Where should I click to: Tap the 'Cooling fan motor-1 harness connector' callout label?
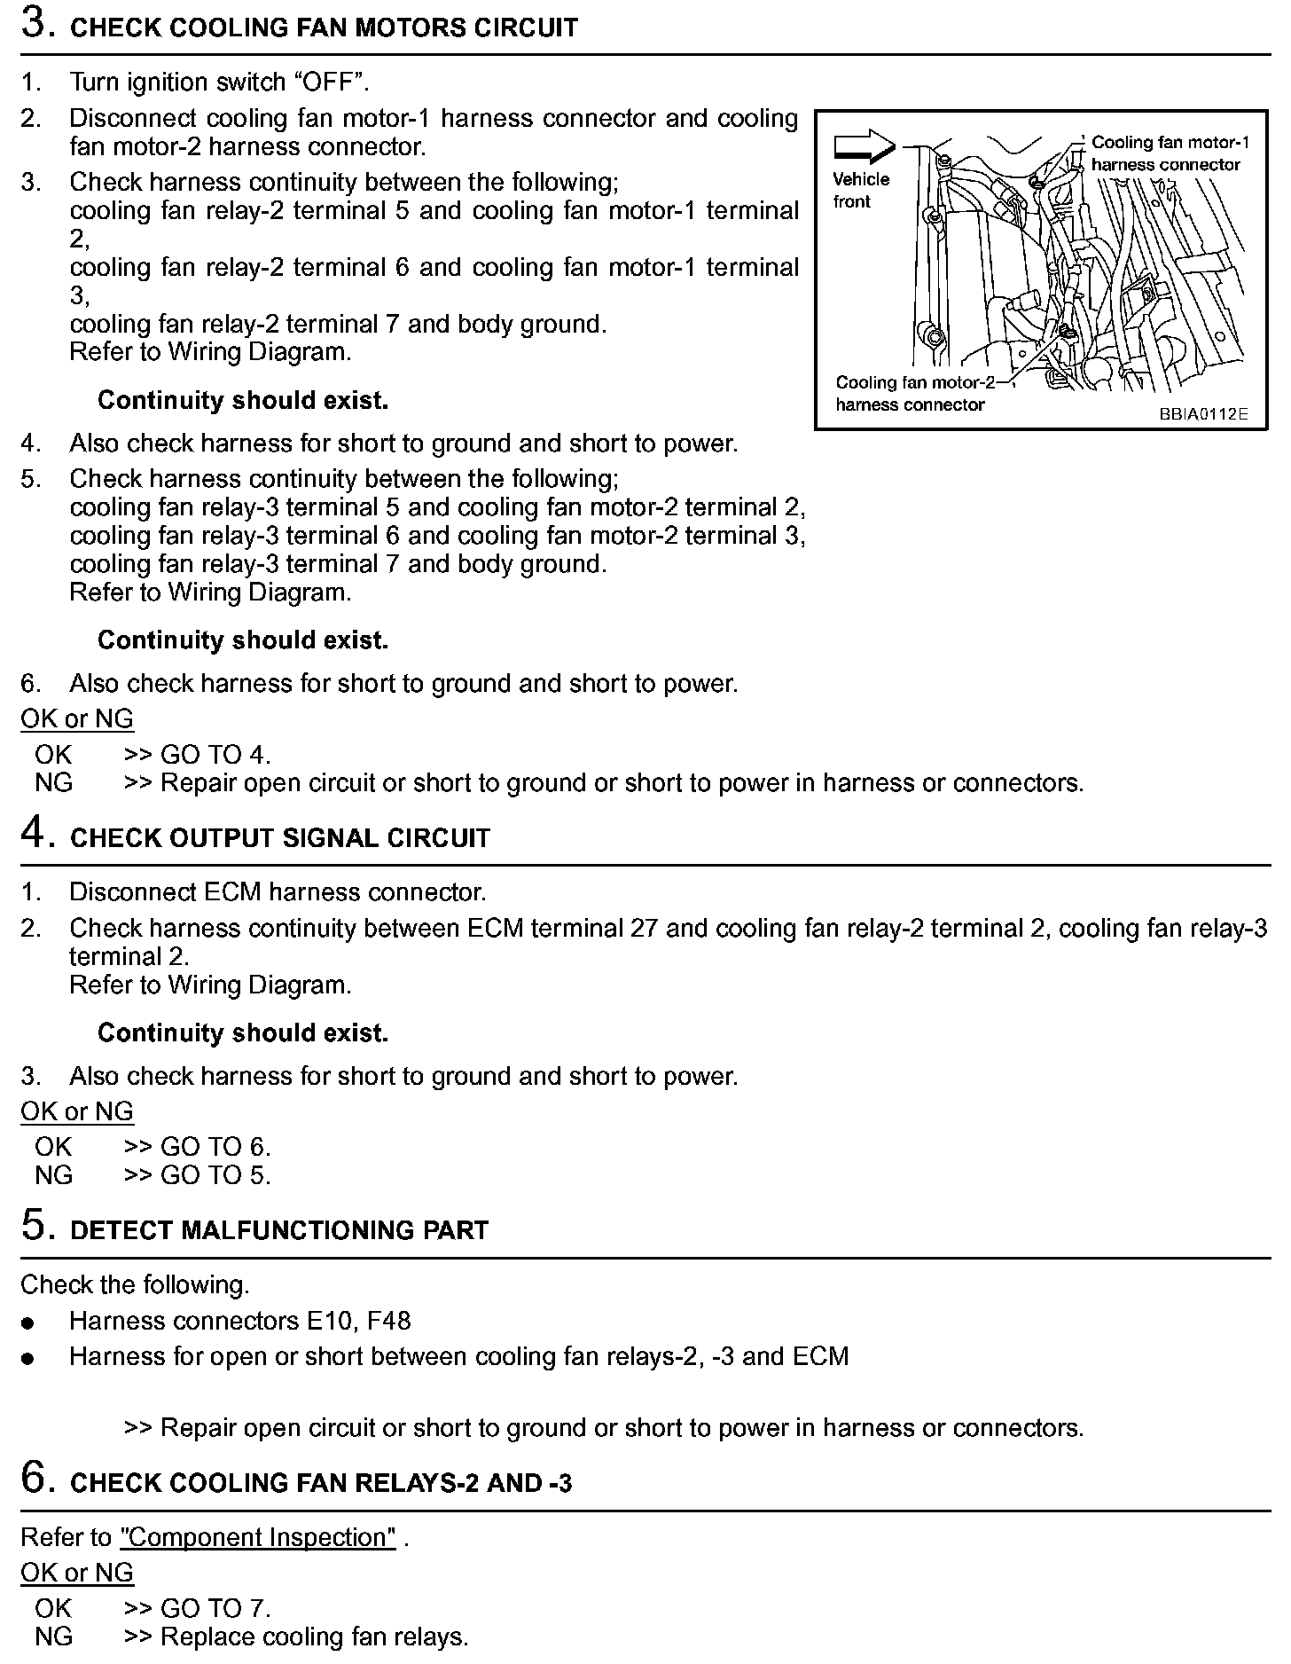pyautogui.click(x=1170, y=153)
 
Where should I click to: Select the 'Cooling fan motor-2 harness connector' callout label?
pyautogui.click(x=914, y=394)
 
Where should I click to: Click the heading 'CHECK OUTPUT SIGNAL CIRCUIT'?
pyautogui.click(x=279, y=838)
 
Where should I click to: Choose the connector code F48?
pyautogui.click(x=388, y=1321)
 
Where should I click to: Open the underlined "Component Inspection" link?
pyautogui.click(x=258, y=1537)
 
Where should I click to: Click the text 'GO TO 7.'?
pyautogui.click(x=215, y=1608)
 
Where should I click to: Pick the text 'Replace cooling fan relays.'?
pyautogui.click(x=314, y=1637)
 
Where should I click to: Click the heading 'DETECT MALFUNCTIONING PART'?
pyautogui.click(x=279, y=1230)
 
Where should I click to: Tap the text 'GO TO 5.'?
pyautogui.click(x=215, y=1175)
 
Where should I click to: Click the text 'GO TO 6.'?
pyautogui.click(x=215, y=1147)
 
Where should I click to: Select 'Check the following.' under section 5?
pyautogui.click(x=135, y=1284)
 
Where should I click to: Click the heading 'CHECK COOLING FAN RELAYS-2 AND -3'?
pyautogui.click(x=320, y=1483)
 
